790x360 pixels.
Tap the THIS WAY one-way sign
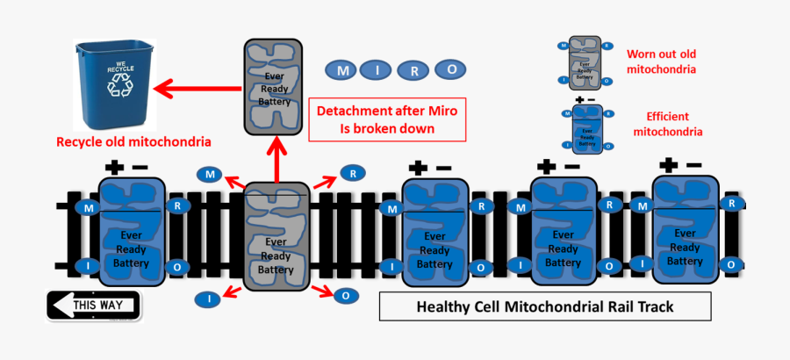click(x=93, y=306)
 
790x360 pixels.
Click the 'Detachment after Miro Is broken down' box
click(x=387, y=120)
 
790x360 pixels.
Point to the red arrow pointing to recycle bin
click(x=198, y=88)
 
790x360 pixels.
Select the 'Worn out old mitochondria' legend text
click(x=661, y=61)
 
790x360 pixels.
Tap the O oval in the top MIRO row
click(x=450, y=69)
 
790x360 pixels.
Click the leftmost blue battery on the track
click(x=133, y=231)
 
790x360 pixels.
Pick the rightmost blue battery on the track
click(x=685, y=230)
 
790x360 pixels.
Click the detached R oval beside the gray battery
click(x=352, y=174)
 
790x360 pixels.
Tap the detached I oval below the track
click(x=208, y=299)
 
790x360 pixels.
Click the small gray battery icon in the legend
click(x=583, y=62)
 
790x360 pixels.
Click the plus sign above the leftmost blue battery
click(x=113, y=167)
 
